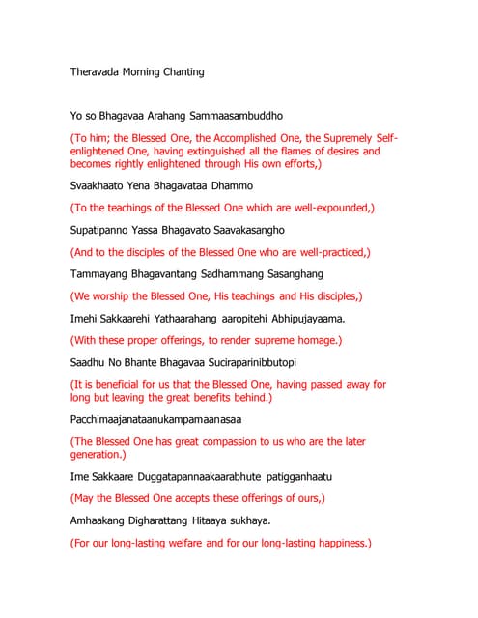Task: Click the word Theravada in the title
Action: [98, 72]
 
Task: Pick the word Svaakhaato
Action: [99, 184]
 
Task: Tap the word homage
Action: [312, 340]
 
